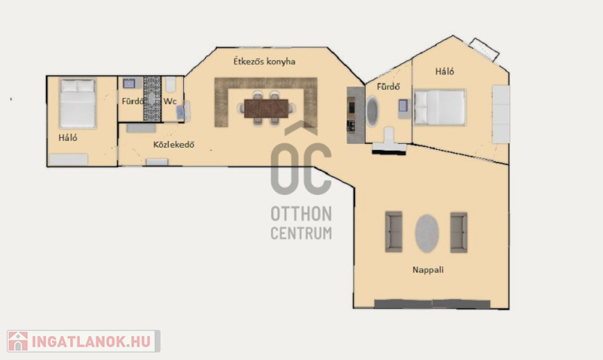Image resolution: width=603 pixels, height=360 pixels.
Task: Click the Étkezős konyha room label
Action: click(265, 62)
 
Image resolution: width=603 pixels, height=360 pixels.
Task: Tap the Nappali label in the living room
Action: click(428, 270)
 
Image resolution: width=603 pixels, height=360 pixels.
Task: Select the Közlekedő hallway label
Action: click(173, 145)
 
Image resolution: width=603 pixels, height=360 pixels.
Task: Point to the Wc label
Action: click(170, 101)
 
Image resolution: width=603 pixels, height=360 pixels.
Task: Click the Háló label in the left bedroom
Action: click(68, 137)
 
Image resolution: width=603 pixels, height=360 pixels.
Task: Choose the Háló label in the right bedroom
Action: click(445, 71)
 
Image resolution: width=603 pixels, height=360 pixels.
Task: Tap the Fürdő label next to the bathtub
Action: click(388, 87)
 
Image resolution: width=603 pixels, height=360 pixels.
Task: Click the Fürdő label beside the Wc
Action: click(133, 101)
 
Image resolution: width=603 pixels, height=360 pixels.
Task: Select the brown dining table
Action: click(266, 108)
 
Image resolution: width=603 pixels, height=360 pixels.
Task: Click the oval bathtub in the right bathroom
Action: click(372, 111)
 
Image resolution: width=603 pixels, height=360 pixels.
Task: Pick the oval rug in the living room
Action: click(427, 233)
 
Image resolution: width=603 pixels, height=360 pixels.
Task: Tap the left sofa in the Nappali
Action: click(393, 232)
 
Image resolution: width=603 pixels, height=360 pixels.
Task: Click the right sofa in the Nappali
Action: click(459, 232)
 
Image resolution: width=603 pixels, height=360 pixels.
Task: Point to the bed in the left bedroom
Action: click(78, 103)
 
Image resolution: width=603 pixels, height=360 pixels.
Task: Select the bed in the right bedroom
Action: click(439, 107)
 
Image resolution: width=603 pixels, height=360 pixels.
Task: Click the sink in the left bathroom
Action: click(129, 84)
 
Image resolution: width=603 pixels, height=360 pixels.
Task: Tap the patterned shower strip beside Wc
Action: click(152, 99)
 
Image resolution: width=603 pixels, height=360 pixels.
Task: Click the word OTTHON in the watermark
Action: click(301, 214)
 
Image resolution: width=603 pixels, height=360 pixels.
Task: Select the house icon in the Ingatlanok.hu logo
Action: click(18, 341)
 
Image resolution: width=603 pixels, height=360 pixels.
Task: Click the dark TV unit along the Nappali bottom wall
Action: click(432, 304)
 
